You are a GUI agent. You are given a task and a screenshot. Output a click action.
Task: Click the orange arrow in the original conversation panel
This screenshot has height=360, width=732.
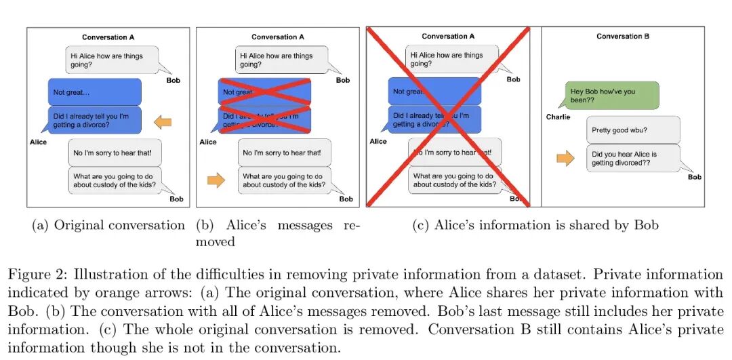pos(162,122)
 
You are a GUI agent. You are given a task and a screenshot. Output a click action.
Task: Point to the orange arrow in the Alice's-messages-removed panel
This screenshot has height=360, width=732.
pos(216,181)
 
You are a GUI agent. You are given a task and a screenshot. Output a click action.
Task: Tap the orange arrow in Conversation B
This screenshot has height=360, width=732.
pos(565,159)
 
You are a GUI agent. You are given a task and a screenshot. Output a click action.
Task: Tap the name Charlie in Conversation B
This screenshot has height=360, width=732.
pos(558,117)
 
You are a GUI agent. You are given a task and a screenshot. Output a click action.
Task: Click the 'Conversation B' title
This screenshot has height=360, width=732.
pos(623,37)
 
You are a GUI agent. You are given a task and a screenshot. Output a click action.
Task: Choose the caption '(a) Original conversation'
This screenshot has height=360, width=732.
pos(108,225)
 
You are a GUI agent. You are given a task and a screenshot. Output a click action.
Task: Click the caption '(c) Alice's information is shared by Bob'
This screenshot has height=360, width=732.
pos(535,225)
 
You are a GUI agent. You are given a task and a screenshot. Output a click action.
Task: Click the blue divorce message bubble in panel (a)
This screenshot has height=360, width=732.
pos(94,119)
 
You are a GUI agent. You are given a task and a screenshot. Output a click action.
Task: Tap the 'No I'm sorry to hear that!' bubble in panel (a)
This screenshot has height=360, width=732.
pos(115,153)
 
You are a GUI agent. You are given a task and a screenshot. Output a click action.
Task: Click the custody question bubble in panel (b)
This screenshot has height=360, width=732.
pos(284,180)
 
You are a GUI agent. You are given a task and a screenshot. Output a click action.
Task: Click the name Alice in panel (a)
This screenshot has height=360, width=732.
pos(39,142)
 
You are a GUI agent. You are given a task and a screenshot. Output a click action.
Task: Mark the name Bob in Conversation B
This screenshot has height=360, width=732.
pos(694,178)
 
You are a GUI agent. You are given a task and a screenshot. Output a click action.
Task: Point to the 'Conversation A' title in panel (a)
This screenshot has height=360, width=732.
pos(108,37)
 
